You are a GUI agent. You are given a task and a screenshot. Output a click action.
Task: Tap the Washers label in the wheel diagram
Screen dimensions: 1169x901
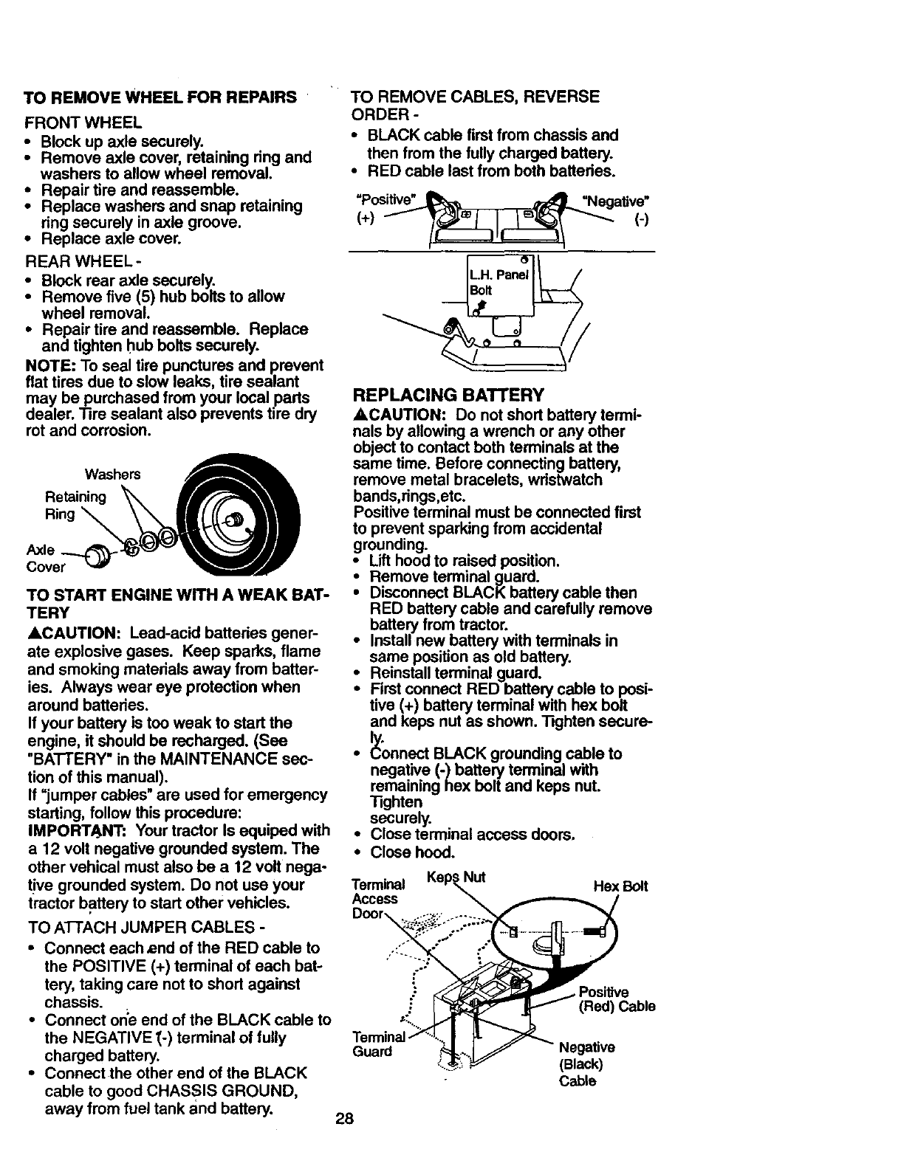(x=112, y=474)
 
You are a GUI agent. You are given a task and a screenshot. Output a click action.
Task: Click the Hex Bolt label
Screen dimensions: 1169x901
(x=620, y=886)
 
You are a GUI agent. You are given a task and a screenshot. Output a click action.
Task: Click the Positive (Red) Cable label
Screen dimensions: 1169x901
(x=617, y=999)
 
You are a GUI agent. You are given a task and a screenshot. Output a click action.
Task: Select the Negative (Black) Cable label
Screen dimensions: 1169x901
(x=586, y=1064)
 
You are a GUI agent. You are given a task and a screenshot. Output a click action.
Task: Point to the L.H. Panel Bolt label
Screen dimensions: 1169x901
(x=499, y=283)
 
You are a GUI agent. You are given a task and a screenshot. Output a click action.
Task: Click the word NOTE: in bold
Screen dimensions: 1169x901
(x=47, y=366)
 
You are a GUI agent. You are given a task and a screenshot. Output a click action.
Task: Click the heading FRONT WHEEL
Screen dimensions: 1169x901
(x=83, y=121)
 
